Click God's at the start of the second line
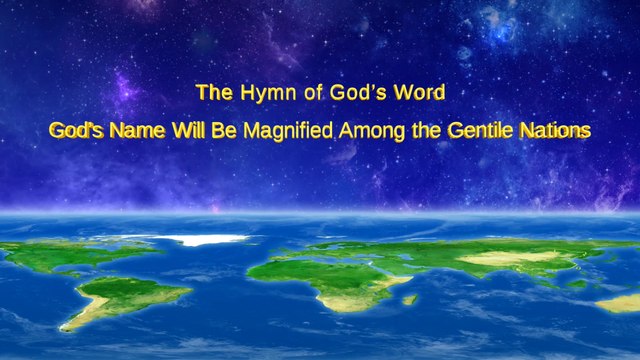(79, 130)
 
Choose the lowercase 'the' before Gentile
(422, 130)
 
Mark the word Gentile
(476, 130)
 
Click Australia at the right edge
(620, 301)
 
